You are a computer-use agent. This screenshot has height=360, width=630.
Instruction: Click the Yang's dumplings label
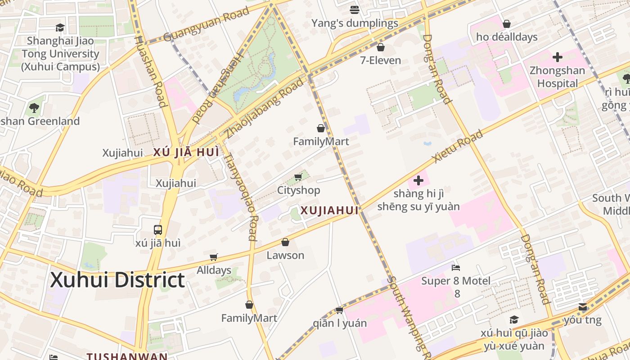pyautogui.click(x=355, y=23)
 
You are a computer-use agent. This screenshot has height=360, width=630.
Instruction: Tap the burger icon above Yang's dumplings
pyautogui.click(x=355, y=9)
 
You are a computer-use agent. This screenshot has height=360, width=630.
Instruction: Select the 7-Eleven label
pyautogui.click(x=380, y=60)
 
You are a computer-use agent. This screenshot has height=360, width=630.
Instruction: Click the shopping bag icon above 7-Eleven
pyautogui.click(x=381, y=47)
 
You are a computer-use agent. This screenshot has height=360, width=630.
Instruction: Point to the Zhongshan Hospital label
pyautogui.click(x=557, y=77)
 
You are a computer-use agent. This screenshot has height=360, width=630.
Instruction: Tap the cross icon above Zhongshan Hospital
pyautogui.click(x=558, y=57)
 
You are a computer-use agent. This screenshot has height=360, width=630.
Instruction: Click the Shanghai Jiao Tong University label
pyautogui.click(x=60, y=54)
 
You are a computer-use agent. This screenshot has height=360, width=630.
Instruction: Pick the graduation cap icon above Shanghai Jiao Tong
pyautogui.click(x=60, y=28)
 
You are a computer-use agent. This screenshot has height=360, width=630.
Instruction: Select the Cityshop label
pyautogui.click(x=298, y=190)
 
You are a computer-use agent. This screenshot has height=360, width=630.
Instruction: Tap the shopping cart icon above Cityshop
pyautogui.click(x=298, y=177)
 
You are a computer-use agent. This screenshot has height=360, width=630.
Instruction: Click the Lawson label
pyautogui.click(x=285, y=255)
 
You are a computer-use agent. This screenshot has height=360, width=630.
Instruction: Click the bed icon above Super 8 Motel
pyautogui.click(x=455, y=268)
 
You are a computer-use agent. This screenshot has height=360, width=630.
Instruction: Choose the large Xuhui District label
pyautogui.click(x=117, y=280)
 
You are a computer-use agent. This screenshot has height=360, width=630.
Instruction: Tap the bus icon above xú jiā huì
pyautogui.click(x=158, y=230)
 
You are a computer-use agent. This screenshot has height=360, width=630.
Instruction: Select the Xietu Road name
pyautogui.click(x=457, y=146)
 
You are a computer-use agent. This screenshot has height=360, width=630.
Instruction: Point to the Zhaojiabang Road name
pyautogui.click(x=265, y=107)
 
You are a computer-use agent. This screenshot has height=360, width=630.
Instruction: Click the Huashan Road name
pyautogui.click(x=152, y=71)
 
